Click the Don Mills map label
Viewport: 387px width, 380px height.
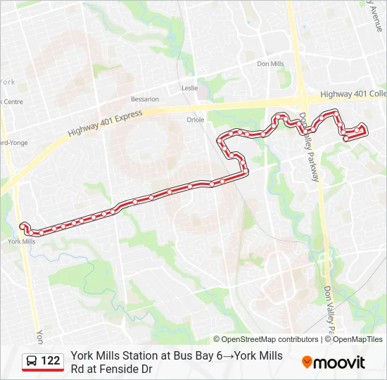coord(269,64)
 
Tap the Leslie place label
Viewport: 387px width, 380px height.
coord(190,89)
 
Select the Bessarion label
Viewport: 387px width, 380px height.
coord(145,99)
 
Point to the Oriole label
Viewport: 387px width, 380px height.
coord(196,120)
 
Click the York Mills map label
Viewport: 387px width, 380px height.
coord(21,241)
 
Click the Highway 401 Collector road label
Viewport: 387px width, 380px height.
coord(353,94)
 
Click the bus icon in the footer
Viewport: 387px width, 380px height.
coord(32,361)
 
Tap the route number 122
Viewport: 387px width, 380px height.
coord(51,361)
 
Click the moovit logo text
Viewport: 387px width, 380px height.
coord(339,362)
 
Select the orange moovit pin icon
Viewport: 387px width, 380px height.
coord(307,362)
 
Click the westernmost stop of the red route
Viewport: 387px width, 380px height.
coord(24,226)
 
